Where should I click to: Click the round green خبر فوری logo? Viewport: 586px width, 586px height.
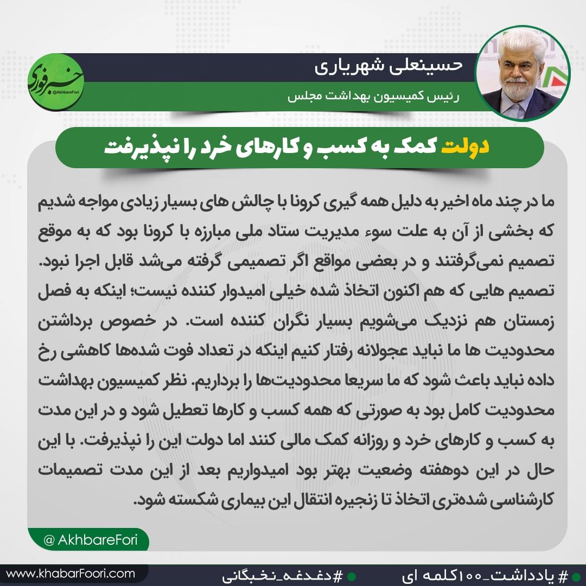[x=56, y=81]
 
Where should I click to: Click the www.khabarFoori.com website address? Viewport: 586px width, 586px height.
[x=71, y=573]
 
